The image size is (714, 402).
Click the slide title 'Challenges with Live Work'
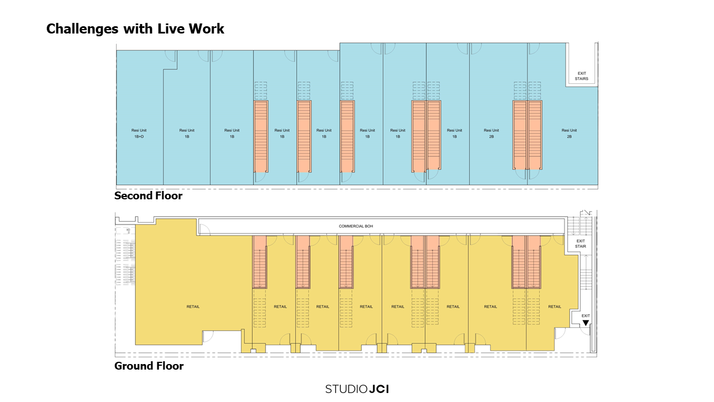(x=135, y=29)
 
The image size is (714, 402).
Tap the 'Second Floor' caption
(x=148, y=196)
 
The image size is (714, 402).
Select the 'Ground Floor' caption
(x=148, y=366)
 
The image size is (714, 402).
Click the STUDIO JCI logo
(x=357, y=389)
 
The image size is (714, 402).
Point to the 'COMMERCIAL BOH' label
(x=356, y=226)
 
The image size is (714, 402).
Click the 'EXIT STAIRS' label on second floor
(x=582, y=76)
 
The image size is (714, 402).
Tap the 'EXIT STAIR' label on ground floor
(x=581, y=243)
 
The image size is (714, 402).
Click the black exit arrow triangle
(x=586, y=323)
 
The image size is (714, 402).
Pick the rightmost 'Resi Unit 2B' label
(x=570, y=133)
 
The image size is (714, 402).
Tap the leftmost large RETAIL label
(x=193, y=307)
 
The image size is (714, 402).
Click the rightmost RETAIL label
(x=554, y=307)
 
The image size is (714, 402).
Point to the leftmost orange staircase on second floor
(x=261, y=136)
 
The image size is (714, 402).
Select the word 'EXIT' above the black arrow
(x=586, y=315)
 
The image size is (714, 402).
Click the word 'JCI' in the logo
(x=379, y=389)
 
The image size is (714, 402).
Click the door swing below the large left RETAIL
(x=208, y=336)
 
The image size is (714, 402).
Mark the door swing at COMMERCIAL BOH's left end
(x=204, y=229)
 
